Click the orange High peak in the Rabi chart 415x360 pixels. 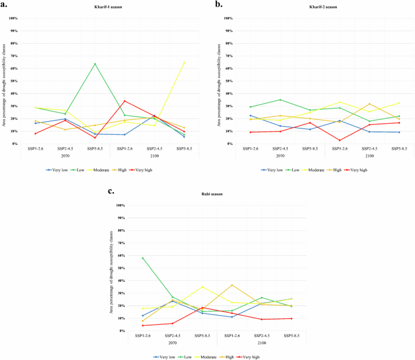(231, 285)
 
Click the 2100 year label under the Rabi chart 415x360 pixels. (261, 342)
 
